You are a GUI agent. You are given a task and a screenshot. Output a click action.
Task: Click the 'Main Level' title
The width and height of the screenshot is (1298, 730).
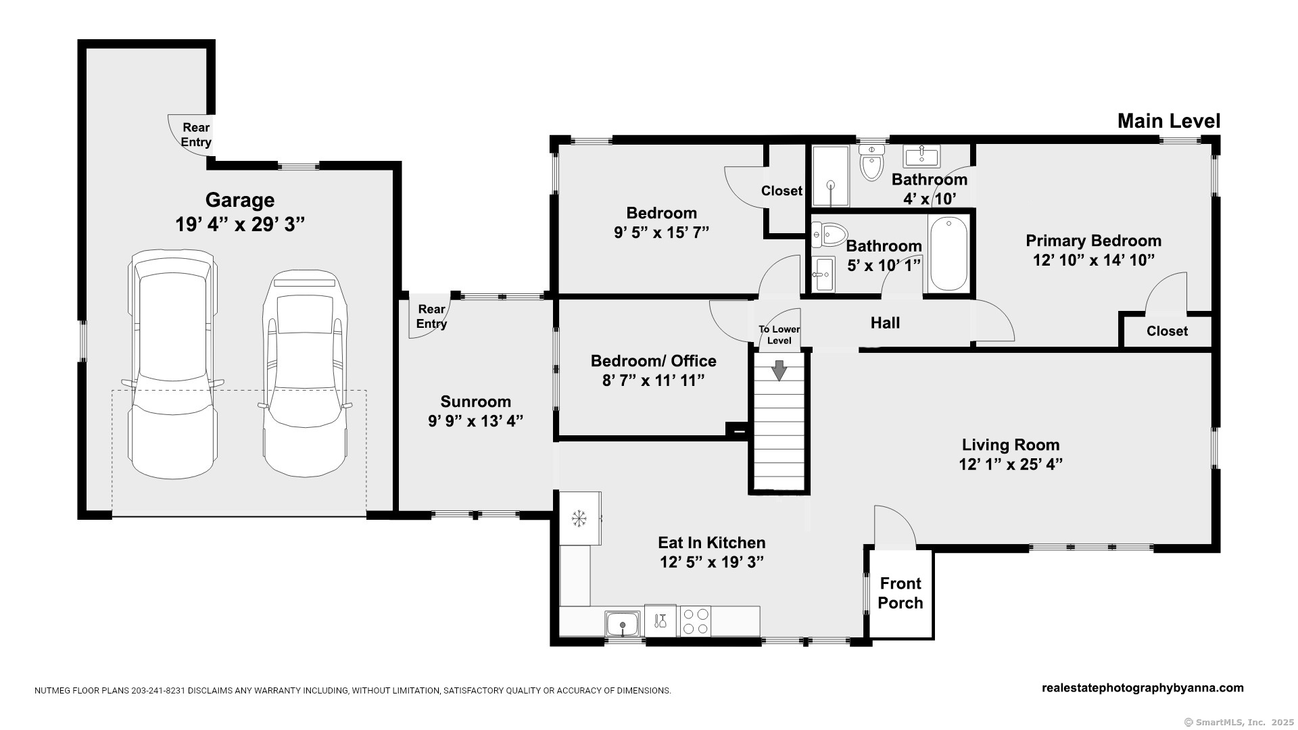coord(1169,121)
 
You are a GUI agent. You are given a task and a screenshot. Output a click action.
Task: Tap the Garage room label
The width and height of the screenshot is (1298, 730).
coord(240,200)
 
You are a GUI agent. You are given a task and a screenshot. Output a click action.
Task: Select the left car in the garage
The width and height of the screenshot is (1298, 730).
coord(173,364)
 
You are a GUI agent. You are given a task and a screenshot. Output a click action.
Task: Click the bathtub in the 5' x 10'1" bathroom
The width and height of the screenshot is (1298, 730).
coord(948,254)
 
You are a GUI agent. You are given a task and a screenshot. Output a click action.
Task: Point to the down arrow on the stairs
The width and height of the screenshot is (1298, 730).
coord(779,370)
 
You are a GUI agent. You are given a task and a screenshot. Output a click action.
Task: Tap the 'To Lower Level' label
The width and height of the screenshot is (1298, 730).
coord(779,335)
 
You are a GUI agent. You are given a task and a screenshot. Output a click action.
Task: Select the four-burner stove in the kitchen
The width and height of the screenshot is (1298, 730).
coord(696,621)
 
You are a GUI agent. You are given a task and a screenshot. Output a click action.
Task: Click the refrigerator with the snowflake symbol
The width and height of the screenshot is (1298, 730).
coord(580,518)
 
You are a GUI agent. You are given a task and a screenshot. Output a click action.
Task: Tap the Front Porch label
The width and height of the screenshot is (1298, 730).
coord(900,593)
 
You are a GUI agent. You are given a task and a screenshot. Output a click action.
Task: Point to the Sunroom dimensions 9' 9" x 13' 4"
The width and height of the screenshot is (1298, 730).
coord(475,421)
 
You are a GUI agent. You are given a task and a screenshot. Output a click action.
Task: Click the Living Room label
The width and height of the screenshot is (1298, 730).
coord(1011,445)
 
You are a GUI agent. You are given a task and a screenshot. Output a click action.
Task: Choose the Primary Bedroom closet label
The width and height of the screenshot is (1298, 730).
coord(1167,331)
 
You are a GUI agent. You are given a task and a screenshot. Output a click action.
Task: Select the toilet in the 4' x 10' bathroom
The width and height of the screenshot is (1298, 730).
coord(871,162)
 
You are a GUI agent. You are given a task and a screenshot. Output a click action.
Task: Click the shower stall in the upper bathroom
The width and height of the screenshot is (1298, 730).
coord(830,176)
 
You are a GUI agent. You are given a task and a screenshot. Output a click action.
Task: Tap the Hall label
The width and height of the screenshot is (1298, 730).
coord(885,323)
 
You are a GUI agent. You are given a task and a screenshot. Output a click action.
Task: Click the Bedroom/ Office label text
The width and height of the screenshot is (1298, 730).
coord(653,361)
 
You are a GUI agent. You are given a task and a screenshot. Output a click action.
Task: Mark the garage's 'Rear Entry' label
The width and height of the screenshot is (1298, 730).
coord(196,135)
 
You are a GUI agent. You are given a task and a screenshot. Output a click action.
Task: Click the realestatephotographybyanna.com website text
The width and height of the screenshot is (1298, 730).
coord(1143,688)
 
